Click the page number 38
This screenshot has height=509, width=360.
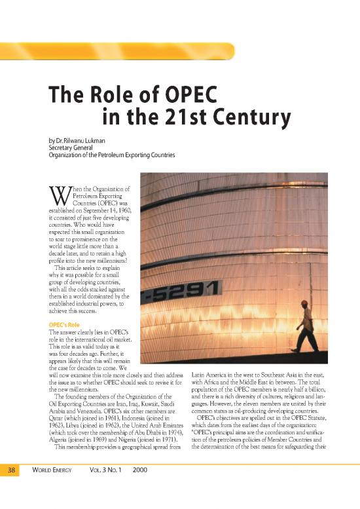(x=12, y=488)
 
